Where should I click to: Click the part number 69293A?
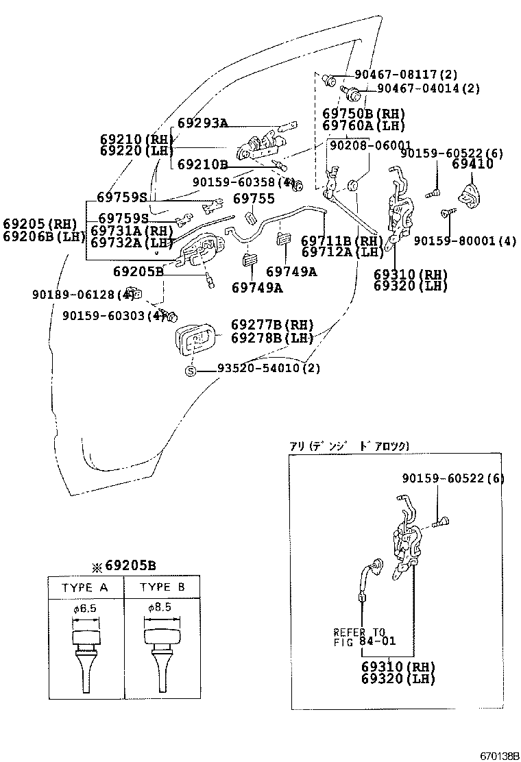202,123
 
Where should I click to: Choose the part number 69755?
254,199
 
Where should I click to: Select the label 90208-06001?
370,145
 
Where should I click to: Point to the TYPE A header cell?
85,587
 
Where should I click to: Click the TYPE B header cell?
162,587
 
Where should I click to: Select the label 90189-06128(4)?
83,295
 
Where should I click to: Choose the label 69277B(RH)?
272,324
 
